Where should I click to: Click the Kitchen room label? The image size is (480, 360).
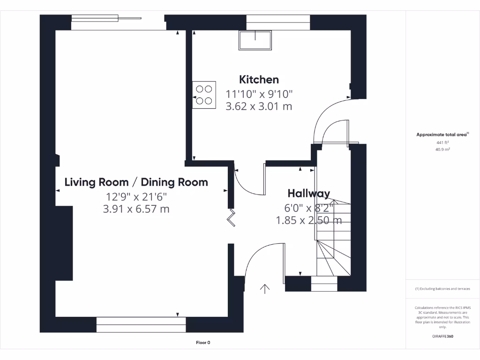click(x=259, y=80)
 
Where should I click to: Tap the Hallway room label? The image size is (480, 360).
click(x=308, y=193)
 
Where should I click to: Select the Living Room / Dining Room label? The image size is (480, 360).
click(x=136, y=182)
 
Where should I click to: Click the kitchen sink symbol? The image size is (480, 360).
click(x=255, y=41)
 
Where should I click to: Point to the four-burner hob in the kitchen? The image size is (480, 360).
click(x=204, y=95)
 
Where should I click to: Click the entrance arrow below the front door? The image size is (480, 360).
click(x=265, y=288)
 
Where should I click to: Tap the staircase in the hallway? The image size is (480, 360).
click(x=333, y=239)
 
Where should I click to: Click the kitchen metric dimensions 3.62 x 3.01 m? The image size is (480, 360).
click(x=259, y=106)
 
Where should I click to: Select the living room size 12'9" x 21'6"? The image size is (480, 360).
click(x=136, y=197)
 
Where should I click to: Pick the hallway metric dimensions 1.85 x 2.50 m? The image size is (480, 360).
click(x=308, y=220)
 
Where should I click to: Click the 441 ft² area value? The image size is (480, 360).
click(x=442, y=142)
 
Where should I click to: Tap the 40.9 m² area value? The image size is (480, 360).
click(x=442, y=150)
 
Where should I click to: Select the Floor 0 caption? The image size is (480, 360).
click(x=203, y=343)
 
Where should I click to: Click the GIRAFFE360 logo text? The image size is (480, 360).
click(x=442, y=336)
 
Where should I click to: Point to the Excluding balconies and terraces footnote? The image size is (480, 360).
click(x=442, y=289)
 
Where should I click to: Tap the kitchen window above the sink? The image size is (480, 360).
click(x=278, y=22)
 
